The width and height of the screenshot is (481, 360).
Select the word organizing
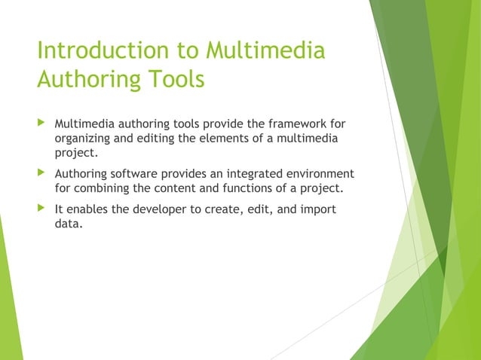click(84, 138)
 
